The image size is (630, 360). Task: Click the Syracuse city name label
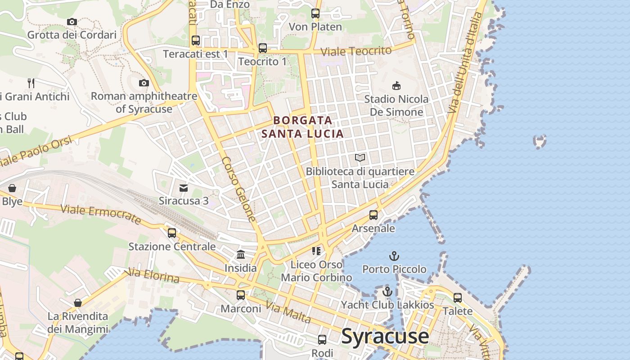[x=385, y=337]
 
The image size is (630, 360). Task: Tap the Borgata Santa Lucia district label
[x=303, y=127]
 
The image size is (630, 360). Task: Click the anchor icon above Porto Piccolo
[x=394, y=256]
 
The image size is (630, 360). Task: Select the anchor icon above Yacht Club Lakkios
[x=387, y=292]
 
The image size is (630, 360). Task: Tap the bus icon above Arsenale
[x=373, y=215]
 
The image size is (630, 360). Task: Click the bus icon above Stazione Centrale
[x=172, y=233]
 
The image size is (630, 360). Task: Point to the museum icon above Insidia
[x=241, y=255]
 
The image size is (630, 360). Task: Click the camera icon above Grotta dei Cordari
[x=72, y=22]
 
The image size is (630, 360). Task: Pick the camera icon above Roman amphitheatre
[x=144, y=83]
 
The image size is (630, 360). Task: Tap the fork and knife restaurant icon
[x=31, y=83]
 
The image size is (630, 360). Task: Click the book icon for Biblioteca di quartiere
[x=360, y=157]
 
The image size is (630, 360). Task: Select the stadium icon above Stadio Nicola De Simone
[x=396, y=85]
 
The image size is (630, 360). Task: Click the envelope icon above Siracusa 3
[x=184, y=188]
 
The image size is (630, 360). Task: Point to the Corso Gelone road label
[x=239, y=189]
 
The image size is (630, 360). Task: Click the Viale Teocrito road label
[x=356, y=51]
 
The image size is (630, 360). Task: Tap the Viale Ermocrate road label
[x=101, y=214]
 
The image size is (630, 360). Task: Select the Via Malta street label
[x=288, y=312]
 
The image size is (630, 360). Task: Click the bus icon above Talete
[x=458, y=297]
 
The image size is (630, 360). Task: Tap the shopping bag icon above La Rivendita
[x=78, y=303]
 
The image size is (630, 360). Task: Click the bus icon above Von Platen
[x=315, y=13]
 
